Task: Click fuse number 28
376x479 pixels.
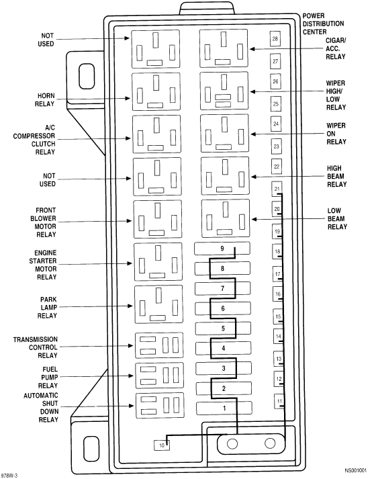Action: [275, 39]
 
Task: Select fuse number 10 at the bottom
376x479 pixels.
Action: [161, 445]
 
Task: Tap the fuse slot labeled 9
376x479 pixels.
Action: [222, 249]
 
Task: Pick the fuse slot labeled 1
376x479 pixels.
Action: [224, 408]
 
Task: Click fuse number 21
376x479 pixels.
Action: [277, 189]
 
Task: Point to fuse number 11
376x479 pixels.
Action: [279, 401]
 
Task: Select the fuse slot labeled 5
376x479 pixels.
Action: [223, 328]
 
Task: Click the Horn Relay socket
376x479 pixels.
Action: [156, 91]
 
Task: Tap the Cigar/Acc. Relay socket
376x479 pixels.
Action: [224, 48]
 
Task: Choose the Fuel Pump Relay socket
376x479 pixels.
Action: [159, 375]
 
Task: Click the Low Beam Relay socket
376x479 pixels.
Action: [226, 218]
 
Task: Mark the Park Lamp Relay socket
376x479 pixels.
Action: [158, 304]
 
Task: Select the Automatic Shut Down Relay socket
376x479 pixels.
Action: [160, 405]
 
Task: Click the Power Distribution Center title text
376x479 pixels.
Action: [323, 24]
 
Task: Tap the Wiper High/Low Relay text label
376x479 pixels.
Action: [336, 95]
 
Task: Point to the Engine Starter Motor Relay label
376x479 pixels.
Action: [43, 265]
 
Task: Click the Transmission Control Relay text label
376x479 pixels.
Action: [36, 347]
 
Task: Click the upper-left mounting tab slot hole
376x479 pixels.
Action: [87, 77]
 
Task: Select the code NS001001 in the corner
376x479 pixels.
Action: [356, 470]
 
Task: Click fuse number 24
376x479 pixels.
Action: [276, 124]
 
